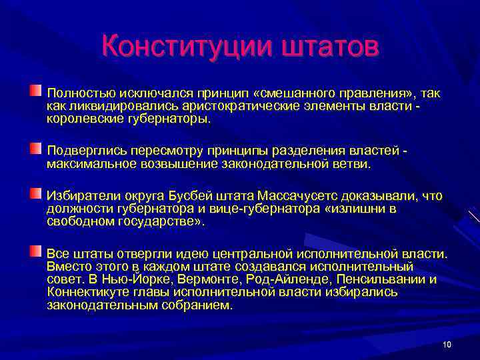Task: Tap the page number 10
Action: click(447, 344)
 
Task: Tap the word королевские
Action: click(83, 119)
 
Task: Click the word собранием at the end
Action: click(198, 305)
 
